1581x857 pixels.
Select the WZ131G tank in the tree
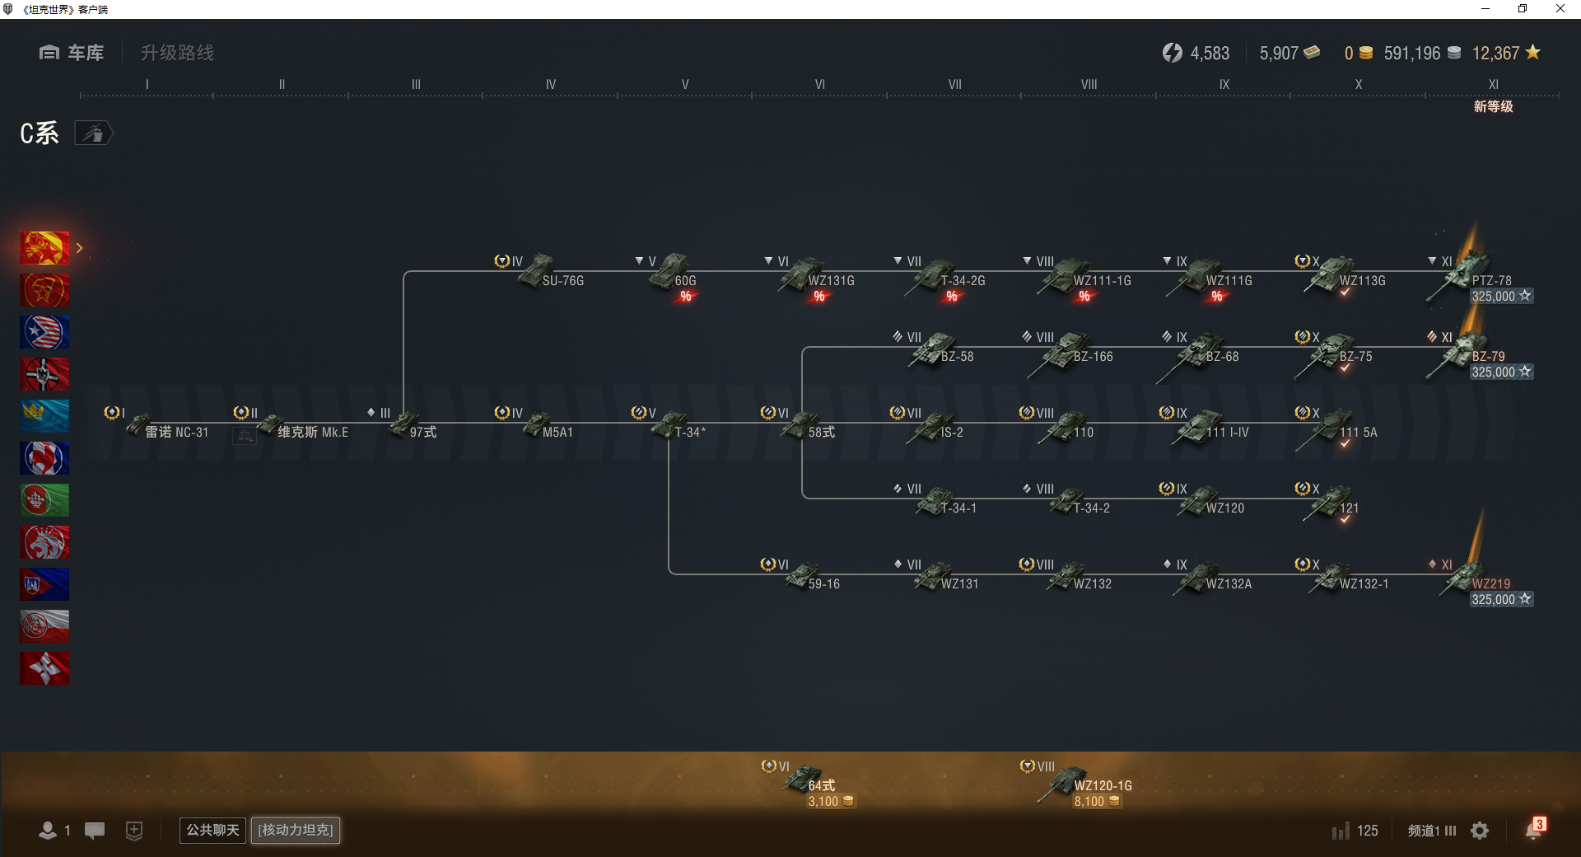(815, 276)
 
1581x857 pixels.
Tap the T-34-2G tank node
(943, 276)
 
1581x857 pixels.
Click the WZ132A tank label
(1229, 584)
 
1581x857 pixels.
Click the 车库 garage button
(72, 53)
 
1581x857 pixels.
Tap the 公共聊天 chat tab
(212, 830)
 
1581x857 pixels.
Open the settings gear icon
(1480, 831)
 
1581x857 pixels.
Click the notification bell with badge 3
(1534, 830)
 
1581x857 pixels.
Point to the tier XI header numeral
(1493, 84)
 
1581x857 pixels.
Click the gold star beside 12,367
(1532, 52)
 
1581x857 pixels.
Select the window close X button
(1560, 9)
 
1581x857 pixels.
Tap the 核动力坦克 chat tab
(296, 830)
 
